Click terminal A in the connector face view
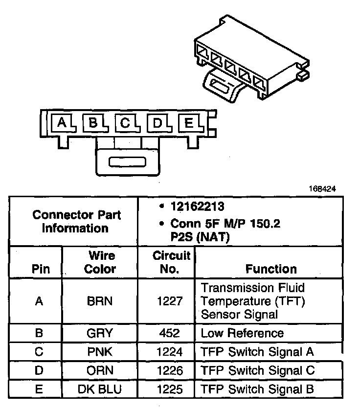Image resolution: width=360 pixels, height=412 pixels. click(x=61, y=123)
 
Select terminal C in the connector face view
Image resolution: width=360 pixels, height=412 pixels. click(x=125, y=123)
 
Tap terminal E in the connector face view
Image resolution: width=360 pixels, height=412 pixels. click(x=188, y=123)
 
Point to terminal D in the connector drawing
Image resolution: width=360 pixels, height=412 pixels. click(x=157, y=123)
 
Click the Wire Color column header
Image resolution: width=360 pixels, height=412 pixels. click(x=100, y=262)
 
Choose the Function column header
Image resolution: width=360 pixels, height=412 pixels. click(x=271, y=269)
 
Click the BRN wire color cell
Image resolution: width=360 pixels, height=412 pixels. click(x=100, y=301)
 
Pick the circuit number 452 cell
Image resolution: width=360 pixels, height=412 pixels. click(x=166, y=333)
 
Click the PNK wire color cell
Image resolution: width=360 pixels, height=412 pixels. click(x=100, y=351)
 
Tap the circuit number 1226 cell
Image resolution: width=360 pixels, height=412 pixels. click(x=166, y=370)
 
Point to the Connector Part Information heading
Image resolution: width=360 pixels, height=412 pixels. click(x=76, y=221)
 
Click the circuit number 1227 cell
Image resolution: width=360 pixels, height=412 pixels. click(x=166, y=301)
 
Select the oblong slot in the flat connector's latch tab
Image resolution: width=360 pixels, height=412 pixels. click(x=127, y=161)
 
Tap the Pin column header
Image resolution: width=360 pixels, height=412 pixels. click(x=41, y=269)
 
